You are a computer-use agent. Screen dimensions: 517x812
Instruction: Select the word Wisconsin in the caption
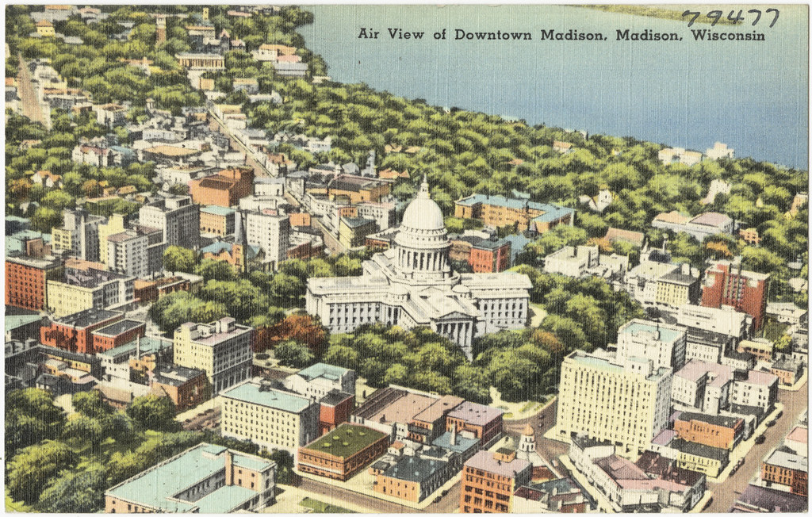(727, 36)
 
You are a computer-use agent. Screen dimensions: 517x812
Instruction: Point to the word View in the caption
(406, 34)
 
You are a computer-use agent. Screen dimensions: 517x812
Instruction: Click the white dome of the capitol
(423, 215)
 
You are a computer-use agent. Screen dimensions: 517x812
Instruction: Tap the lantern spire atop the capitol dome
(424, 187)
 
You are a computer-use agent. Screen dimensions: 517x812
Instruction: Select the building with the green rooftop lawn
(343, 450)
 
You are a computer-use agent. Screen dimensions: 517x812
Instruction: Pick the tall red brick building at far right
(734, 289)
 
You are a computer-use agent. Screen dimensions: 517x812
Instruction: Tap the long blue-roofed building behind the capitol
(513, 210)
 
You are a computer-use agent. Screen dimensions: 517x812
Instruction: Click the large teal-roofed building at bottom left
(190, 481)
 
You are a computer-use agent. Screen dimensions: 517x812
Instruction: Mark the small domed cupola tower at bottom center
(527, 441)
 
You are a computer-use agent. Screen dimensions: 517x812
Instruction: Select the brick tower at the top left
(161, 29)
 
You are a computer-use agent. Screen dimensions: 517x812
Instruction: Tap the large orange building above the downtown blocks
(221, 188)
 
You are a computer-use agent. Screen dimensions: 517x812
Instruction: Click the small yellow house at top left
(45, 29)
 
